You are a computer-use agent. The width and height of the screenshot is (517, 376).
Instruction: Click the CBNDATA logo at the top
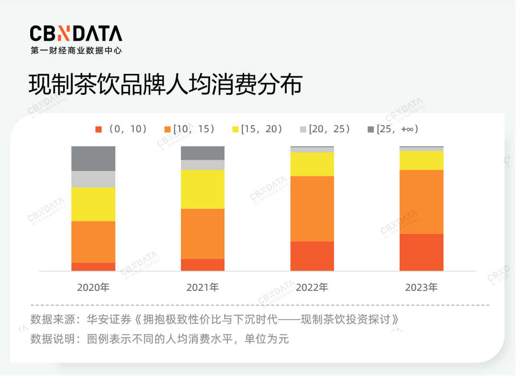coord(76,34)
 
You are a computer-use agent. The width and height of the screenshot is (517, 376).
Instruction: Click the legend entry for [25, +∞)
coord(393,129)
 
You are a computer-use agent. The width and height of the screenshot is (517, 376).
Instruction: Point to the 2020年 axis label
coord(93,287)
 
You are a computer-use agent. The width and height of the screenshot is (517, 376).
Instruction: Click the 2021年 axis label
coord(202,287)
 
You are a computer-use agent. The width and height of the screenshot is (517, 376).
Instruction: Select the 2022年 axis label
coord(312,287)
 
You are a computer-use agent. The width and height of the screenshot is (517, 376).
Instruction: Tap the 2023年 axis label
coord(421,287)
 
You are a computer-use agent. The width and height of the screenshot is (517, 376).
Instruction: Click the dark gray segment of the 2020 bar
coord(93,159)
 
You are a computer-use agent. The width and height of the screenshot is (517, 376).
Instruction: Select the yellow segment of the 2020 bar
coord(93,204)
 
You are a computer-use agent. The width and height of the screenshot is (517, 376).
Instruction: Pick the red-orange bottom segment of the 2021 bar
coord(202,265)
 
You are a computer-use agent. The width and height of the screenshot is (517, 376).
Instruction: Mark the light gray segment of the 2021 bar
coord(202,165)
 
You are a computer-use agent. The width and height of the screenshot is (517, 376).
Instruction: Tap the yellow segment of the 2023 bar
coord(421,160)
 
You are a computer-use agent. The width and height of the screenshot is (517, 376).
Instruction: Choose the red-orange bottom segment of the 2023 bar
coord(421,252)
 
